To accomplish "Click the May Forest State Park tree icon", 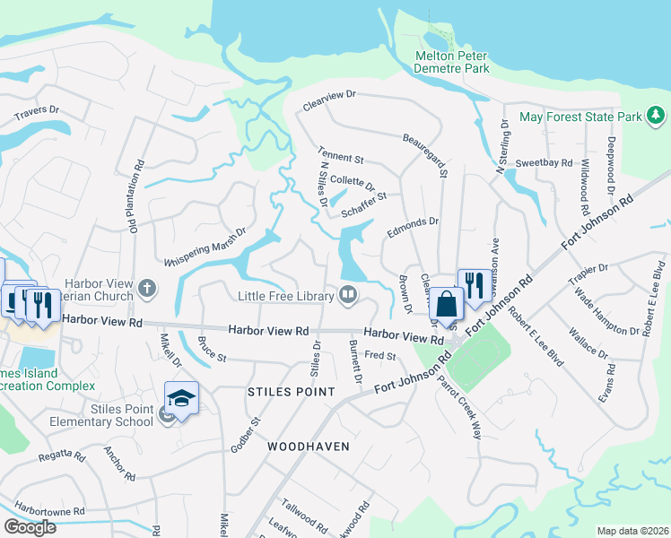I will point(657,116).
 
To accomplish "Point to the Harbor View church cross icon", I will point(147,289).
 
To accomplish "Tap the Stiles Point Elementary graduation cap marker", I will point(181,396).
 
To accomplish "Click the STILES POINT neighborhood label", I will point(291,393).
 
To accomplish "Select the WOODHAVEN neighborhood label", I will point(307,445).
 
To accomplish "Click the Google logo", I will point(30,527).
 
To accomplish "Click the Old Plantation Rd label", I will point(138,196).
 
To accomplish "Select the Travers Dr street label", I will point(36,113).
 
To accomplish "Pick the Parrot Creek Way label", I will point(459,404).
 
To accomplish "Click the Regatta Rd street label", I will point(61,456).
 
